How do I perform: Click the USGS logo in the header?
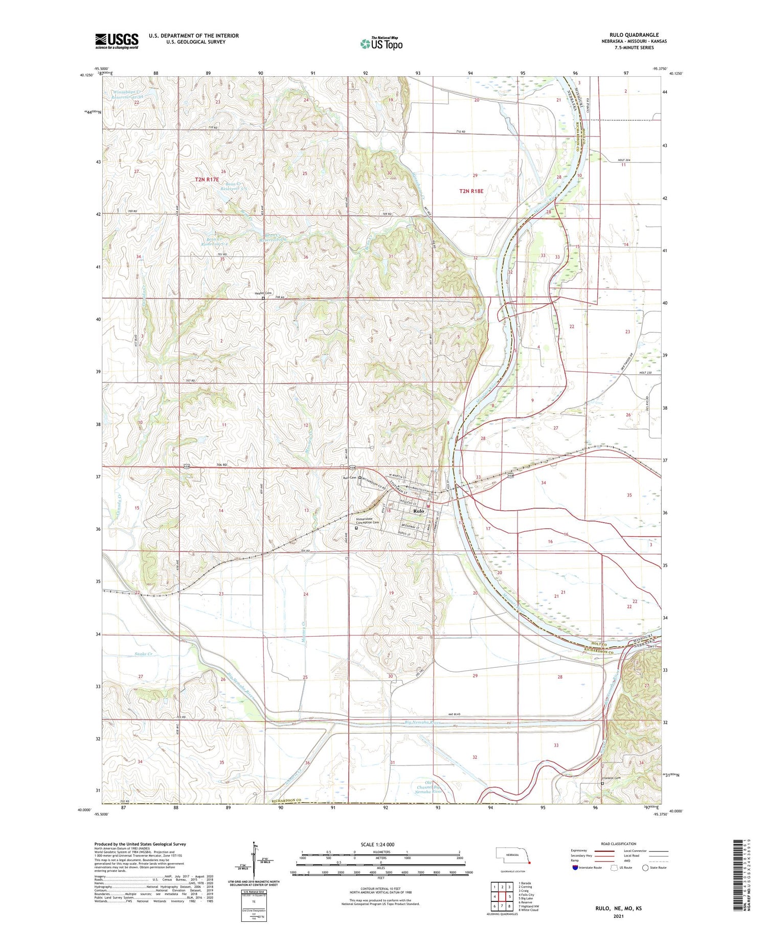117,41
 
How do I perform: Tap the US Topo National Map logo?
381,43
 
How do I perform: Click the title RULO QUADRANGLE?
634,35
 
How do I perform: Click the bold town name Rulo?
418,511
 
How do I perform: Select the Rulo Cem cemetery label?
349,478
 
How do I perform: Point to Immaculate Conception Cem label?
368,520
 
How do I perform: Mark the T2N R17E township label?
207,179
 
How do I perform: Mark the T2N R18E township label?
471,191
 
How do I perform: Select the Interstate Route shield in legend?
575,868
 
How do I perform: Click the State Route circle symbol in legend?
645,868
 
